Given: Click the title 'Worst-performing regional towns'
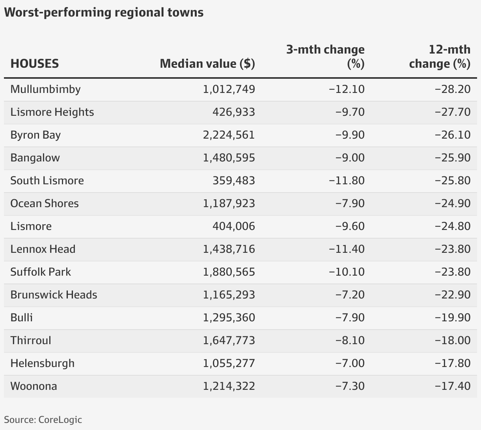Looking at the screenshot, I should tap(104, 12).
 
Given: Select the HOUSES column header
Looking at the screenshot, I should tap(35, 63).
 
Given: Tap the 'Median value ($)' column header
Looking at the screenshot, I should tap(207, 63).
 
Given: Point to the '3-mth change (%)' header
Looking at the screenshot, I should tap(325, 56).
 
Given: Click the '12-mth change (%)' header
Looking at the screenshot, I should tap(440, 56).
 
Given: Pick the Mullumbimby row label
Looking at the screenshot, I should tap(45, 89).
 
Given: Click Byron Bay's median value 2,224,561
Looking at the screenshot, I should tap(229, 135).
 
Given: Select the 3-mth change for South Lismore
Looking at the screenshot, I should tap(347, 180).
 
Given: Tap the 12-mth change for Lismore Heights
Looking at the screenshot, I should tap(453, 112).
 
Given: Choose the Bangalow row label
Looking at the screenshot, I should tap(35, 158).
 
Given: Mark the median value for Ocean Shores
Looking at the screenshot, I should tap(229, 203).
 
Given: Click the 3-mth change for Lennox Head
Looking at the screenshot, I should tap(347, 249).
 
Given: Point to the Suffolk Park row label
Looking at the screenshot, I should tap(41, 272).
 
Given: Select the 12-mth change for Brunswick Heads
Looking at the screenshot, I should tap(453, 295).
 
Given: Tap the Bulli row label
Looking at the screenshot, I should tap(22, 317).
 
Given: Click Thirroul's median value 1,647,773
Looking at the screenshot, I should tap(229, 340).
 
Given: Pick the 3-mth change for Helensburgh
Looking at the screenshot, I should tap(350, 363).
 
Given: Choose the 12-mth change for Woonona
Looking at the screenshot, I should tap(453, 386).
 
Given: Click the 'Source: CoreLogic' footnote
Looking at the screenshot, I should tap(43, 419).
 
